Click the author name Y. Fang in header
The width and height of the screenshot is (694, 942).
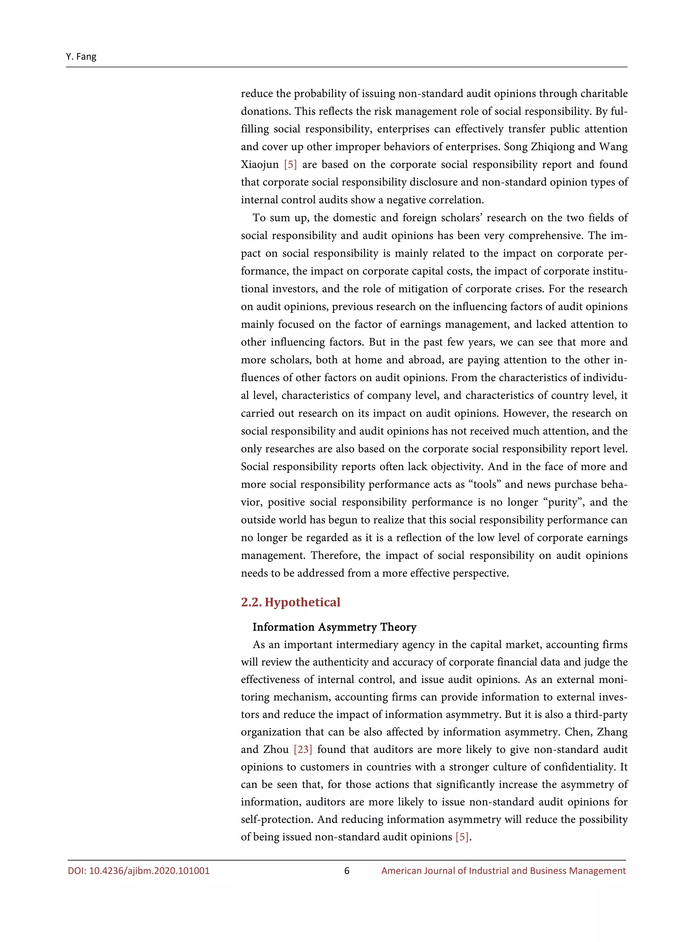[81, 56]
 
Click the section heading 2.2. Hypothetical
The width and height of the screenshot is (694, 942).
[290, 602]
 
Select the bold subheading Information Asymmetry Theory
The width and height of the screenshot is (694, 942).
[334, 627]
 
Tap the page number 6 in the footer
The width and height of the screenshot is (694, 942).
[347, 871]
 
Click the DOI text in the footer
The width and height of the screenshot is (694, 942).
[139, 871]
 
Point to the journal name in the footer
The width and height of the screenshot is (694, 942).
[503, 871]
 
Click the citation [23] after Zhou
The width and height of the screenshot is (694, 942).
[303, 749]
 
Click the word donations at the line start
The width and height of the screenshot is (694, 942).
[265, 111]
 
